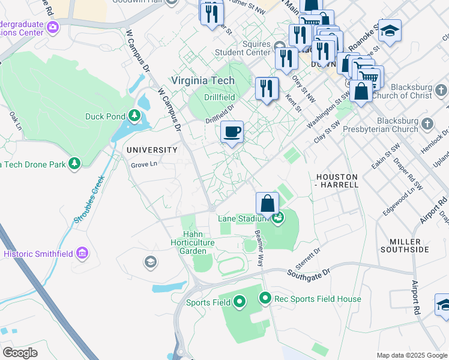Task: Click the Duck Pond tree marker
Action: tap(135, 116)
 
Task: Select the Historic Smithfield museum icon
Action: tap(82, 254)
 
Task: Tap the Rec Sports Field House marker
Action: tap(265, 298)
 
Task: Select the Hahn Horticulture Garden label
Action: tap(197, 242)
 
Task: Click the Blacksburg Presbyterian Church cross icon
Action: tap(427, 123)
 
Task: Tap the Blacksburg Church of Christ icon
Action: tap(442, 90)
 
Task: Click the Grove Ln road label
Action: tap(144, 164)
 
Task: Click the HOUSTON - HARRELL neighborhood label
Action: tap(337, 181)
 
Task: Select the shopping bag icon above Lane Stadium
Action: tap(267, 204)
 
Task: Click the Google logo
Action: tap(20, 352)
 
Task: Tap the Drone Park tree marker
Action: tap(74, 163)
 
